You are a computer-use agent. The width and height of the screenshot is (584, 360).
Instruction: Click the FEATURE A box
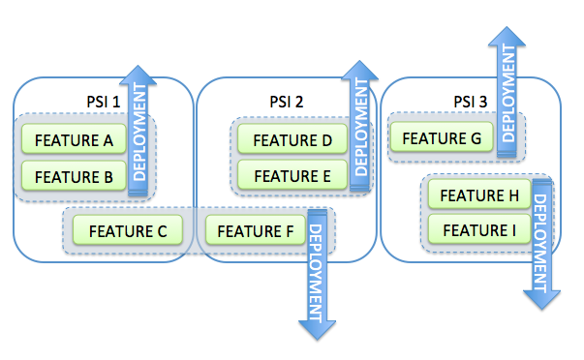coord(74,140)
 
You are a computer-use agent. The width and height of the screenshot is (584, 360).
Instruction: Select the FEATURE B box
coord(74,176)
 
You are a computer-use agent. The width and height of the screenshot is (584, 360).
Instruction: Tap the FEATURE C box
coord(128,230)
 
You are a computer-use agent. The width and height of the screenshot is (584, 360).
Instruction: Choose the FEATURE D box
coord(292,140)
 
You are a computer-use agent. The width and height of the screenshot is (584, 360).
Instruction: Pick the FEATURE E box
coord(292,176)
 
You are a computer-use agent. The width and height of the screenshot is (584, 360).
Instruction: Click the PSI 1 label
coord(105,102)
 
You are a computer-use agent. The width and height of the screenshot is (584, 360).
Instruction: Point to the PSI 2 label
coord(287,102)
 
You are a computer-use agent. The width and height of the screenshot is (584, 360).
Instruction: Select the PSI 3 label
coord(472,102)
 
